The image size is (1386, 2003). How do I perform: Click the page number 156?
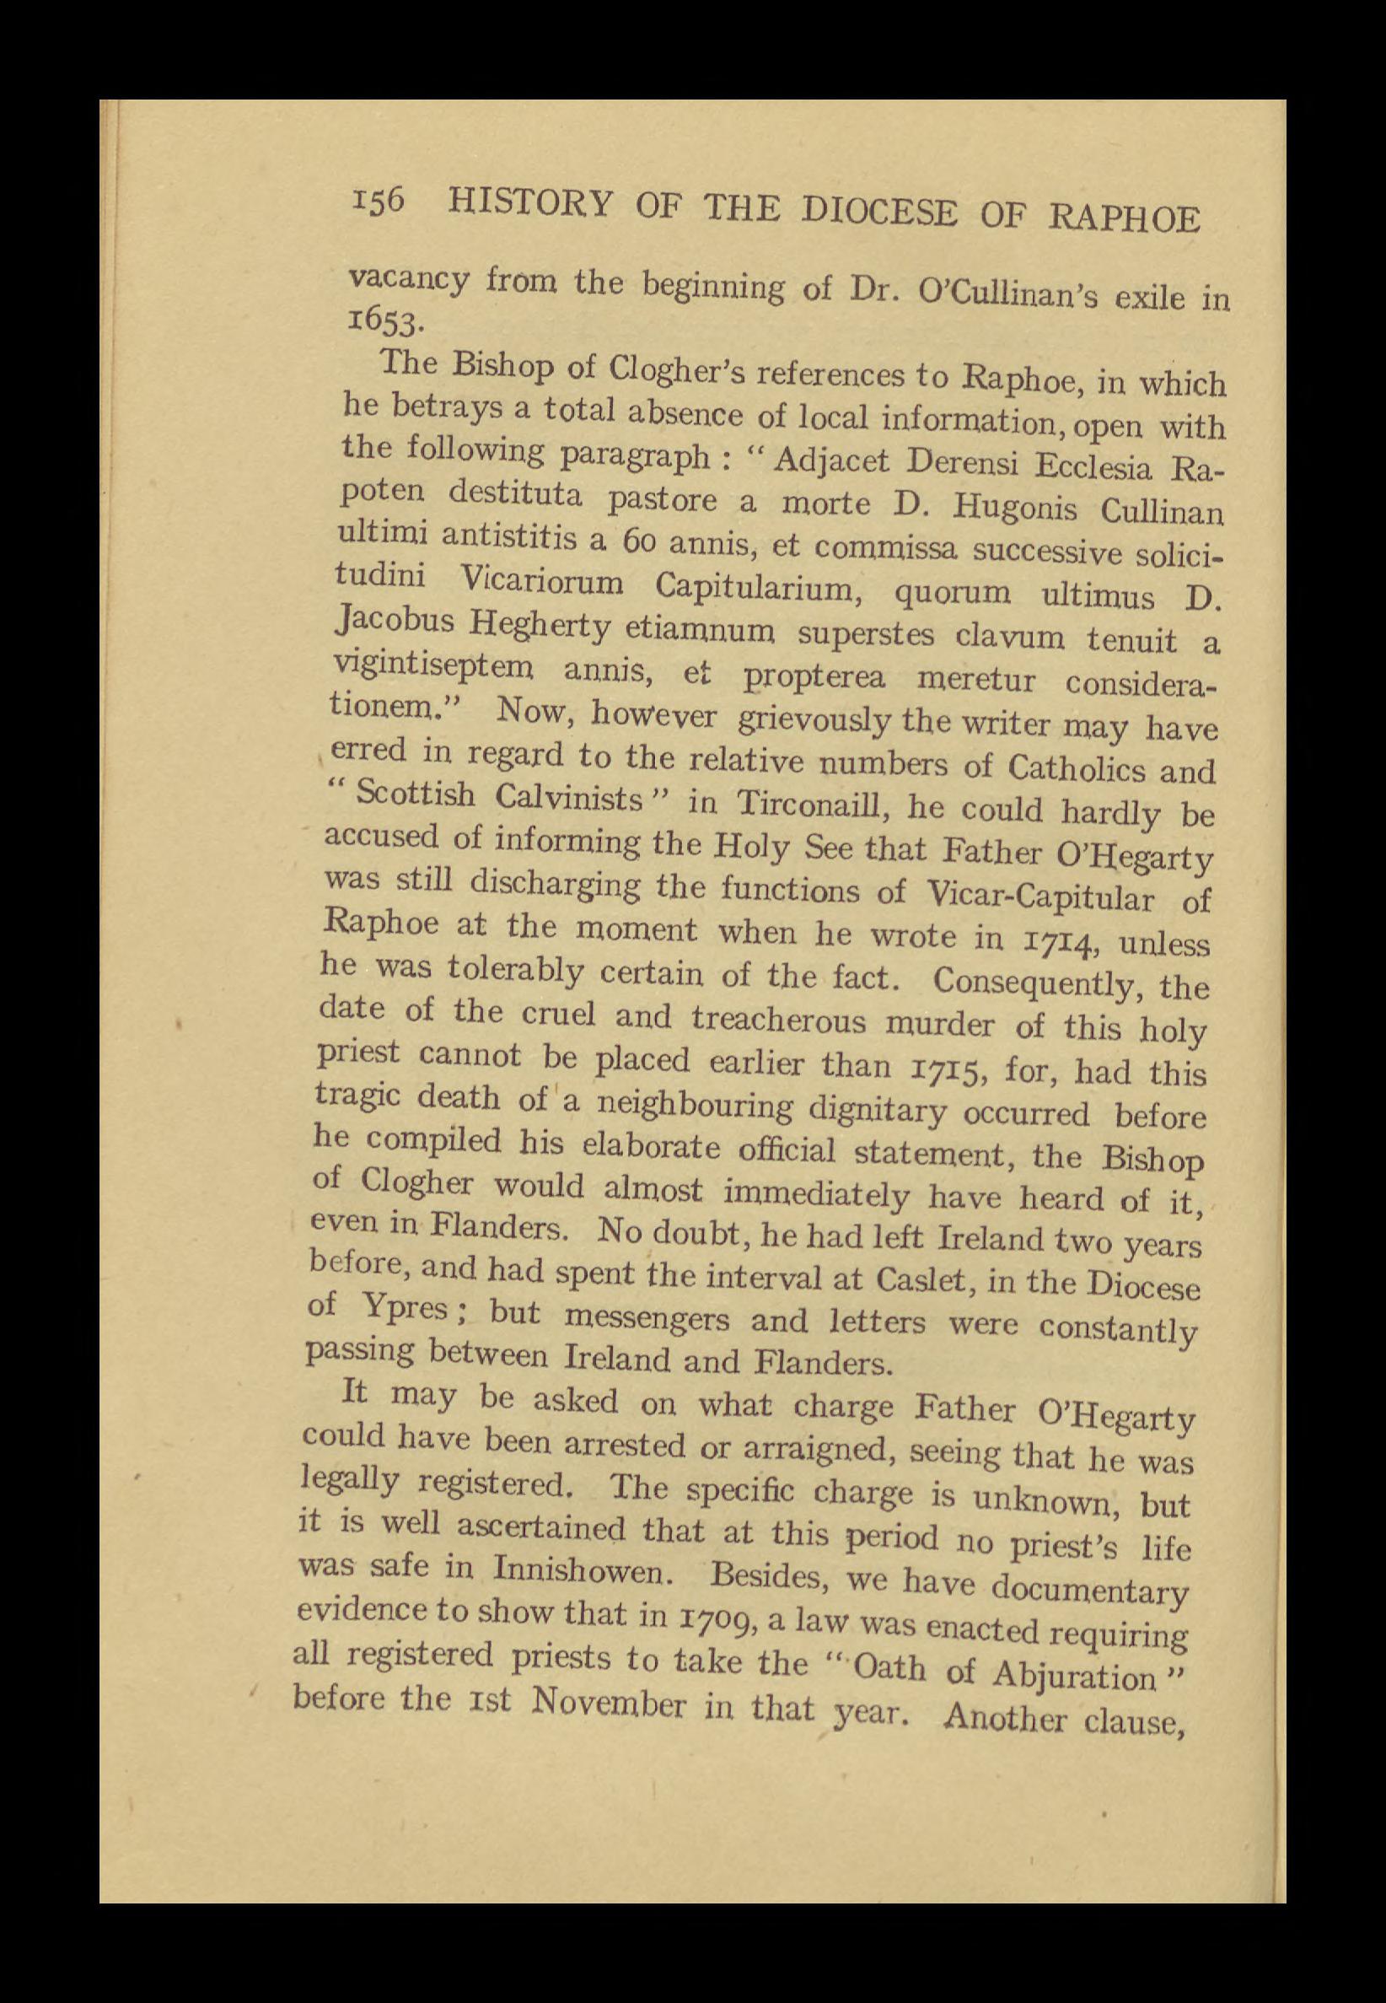(380, 202)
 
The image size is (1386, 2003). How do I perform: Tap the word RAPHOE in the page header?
(1125, 216)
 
